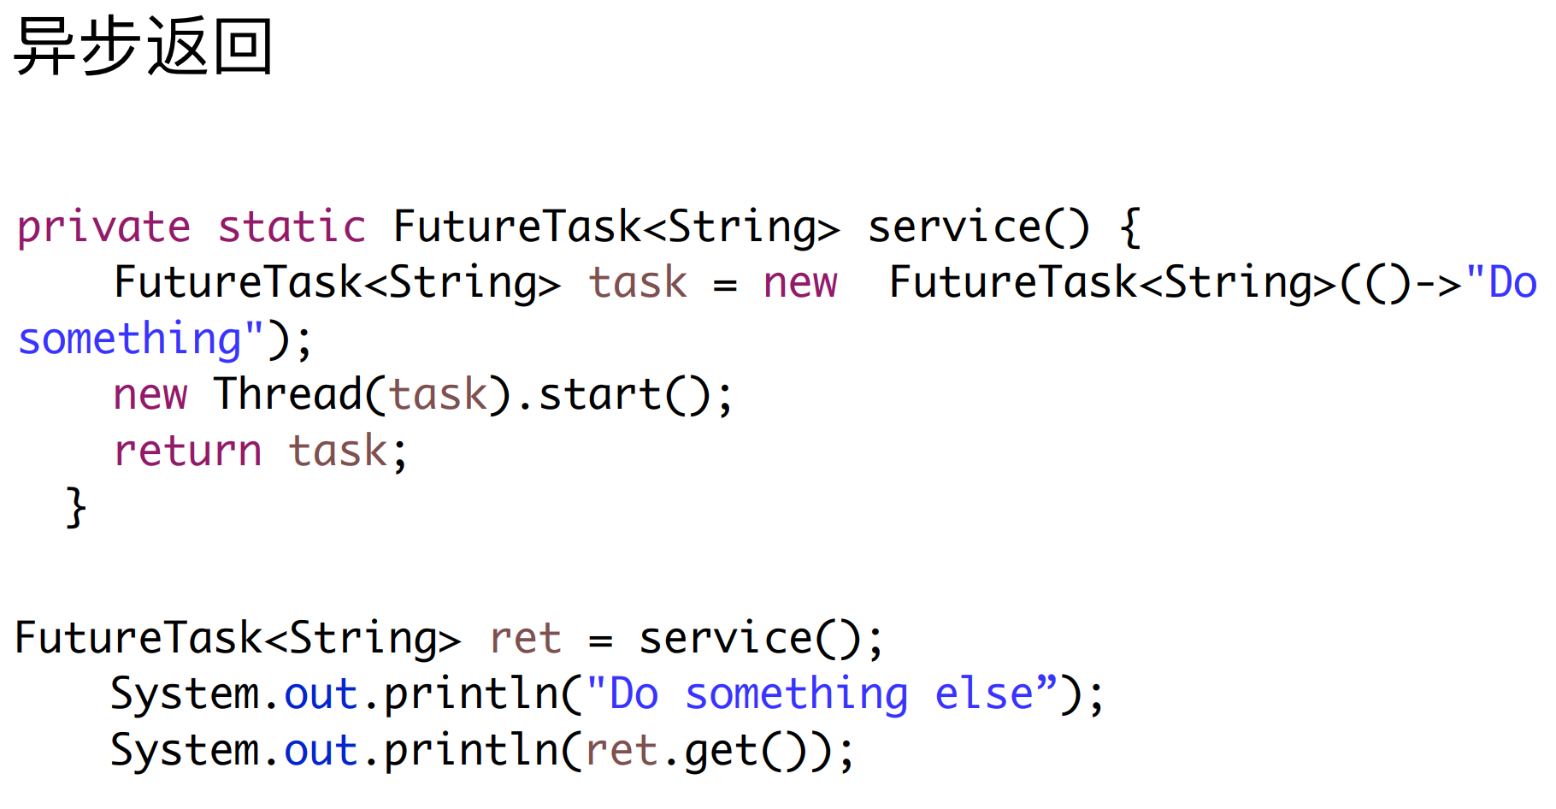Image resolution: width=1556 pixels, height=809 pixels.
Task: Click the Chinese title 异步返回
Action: [144, 47]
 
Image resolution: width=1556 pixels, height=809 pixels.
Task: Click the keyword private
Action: [103, 227]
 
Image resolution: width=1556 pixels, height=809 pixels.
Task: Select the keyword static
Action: [292, 227]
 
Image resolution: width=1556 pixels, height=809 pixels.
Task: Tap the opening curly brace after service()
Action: [1130, 227]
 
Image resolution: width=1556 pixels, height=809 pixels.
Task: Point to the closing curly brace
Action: [76, 508]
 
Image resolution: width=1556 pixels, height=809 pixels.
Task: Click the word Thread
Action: [289, 395]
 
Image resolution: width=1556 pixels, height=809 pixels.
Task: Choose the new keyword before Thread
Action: [150, 395]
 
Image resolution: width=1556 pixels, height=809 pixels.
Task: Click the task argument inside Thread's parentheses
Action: [439, 395]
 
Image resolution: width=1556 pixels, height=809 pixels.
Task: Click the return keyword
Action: [188, 452]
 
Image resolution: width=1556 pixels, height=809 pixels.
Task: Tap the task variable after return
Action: [339, 452]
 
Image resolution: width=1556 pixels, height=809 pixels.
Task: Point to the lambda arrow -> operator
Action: [1439, 283]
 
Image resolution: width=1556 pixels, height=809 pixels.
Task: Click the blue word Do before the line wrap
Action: [1512, 283]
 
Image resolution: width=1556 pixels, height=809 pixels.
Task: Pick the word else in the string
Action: [984, 694]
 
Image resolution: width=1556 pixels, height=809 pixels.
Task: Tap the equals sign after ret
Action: [601, 641]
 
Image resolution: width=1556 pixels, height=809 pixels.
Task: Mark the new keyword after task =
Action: [800, 283]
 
